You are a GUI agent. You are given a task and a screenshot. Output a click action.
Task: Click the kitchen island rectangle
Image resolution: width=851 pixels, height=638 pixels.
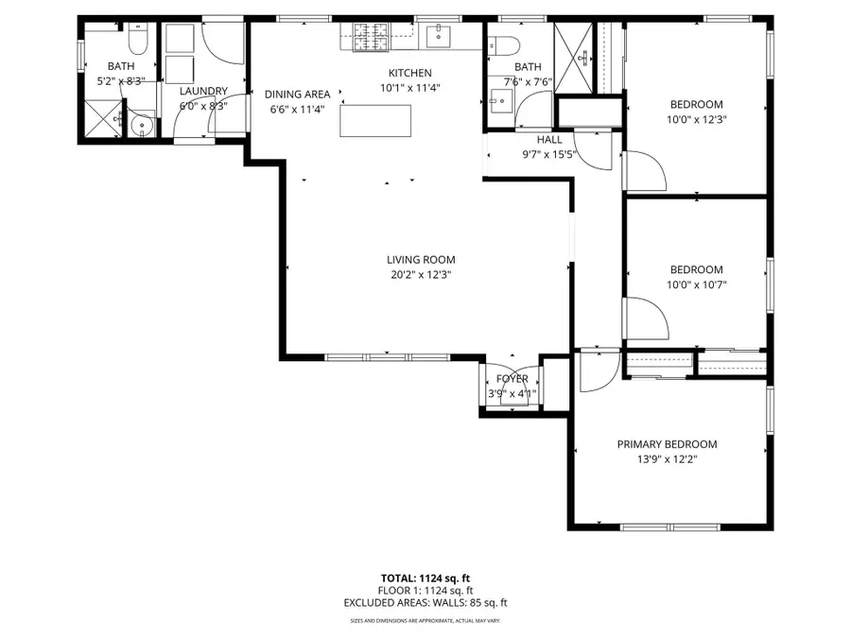click(376, 121)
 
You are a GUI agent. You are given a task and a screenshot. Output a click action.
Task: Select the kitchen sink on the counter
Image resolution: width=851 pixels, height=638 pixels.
click(438, 38)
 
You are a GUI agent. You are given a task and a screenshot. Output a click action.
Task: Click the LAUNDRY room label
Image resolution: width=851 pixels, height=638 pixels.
click(203, 92)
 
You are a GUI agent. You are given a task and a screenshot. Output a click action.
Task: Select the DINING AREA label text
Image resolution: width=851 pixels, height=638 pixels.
click(297, 95)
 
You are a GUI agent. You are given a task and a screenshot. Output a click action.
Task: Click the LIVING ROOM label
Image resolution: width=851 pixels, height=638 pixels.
click(421, 260)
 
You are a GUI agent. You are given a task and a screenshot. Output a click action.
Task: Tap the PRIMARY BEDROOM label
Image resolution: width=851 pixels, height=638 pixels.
click(667, 444)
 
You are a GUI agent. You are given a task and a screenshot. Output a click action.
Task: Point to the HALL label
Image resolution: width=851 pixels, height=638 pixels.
click(549, 140)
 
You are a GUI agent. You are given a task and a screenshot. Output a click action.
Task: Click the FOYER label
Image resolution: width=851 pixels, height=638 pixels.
click(512, 379)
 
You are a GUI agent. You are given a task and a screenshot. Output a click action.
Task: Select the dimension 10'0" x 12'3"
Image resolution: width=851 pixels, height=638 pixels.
click(697, 119)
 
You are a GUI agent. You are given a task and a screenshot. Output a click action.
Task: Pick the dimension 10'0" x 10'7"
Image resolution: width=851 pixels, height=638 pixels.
click(697, 285)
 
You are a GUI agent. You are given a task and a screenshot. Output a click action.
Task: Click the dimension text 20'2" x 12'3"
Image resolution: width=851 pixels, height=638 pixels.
click(421, 275)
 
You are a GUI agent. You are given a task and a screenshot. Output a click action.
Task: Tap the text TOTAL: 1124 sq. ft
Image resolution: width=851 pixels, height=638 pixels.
click(425, 578)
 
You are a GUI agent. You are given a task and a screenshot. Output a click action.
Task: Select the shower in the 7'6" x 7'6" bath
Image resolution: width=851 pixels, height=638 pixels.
click(571, 57)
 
